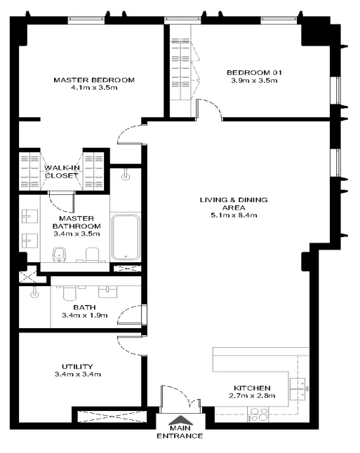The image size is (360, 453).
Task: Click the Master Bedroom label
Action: click(x=94, y=80)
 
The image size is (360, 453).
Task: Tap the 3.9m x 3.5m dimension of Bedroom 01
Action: click(x=254, y=81)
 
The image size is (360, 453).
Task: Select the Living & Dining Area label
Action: click(x=234, y=203)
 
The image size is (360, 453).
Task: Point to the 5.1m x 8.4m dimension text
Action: click(x=234, y=215)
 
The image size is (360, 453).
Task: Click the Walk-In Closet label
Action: click(x=61, y=172)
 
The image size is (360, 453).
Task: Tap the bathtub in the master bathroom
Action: click(x=126, y=237)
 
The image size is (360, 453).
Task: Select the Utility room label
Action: click(x=77, y=367)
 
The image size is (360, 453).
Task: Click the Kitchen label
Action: click(x=252, y=388)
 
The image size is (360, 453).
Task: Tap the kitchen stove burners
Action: click(x=259, y=414)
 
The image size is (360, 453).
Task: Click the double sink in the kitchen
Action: click(x=298, y=389)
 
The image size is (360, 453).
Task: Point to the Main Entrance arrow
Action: click(x=180, y=420)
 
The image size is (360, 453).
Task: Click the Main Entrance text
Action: click(x=180, y=432)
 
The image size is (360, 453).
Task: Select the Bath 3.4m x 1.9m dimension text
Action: click(x=85, y=315)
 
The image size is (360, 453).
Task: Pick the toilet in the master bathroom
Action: click(x=92, y=255)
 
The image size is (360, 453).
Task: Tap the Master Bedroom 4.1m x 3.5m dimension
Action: click(x=94, y=88)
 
